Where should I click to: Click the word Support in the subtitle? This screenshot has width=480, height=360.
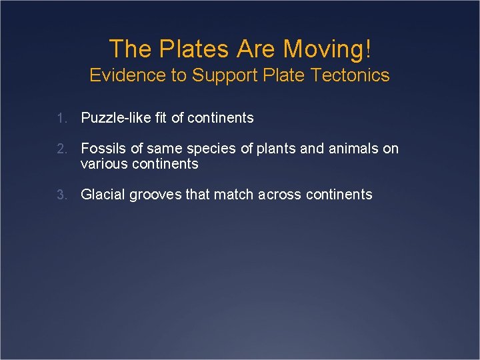[x=223, y=75]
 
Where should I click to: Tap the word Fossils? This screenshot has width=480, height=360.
[x=103, y=149]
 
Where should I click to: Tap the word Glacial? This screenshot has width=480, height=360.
[x=103, y=195]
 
